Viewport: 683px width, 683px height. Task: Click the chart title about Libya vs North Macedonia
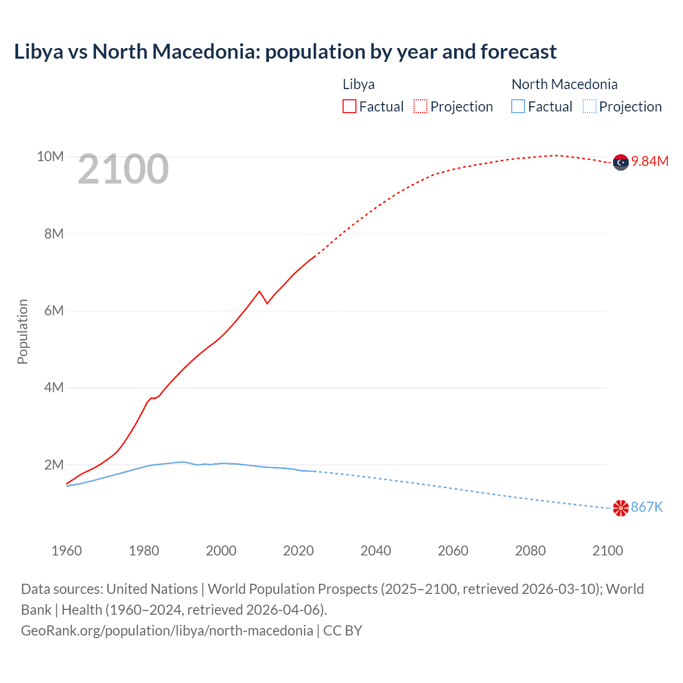coord(285,52)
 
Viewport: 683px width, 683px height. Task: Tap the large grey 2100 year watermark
coord(123,169)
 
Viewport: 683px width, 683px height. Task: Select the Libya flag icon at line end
coord(621,162)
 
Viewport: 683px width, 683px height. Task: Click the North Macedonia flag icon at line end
coord(621,508)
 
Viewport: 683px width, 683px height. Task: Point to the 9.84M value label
coord(650,162)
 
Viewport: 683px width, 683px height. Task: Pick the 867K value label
coord(647,507)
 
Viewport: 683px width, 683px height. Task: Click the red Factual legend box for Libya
coord(350,107)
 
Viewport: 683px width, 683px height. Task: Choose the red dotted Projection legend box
coord(420,107)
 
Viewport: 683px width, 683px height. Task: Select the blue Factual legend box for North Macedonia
coord(518,107)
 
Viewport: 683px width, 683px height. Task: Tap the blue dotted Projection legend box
coord(590,107)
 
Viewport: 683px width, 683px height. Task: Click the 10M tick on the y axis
coord(50,157)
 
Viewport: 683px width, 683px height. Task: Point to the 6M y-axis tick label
coord(54,311)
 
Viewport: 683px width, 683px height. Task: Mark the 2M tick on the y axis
coord(54,465)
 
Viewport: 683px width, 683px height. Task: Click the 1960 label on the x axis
coord(67,551)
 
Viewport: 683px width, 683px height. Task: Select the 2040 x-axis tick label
coord(376,551)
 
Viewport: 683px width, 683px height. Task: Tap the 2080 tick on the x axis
coord(530,551)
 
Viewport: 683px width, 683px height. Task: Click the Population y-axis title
coord(22,331)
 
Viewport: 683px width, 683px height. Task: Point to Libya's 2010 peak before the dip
coord(259,291)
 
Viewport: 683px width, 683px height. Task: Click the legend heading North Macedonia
coord(565,84)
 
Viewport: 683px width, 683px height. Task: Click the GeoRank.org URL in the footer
coord(167,631)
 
